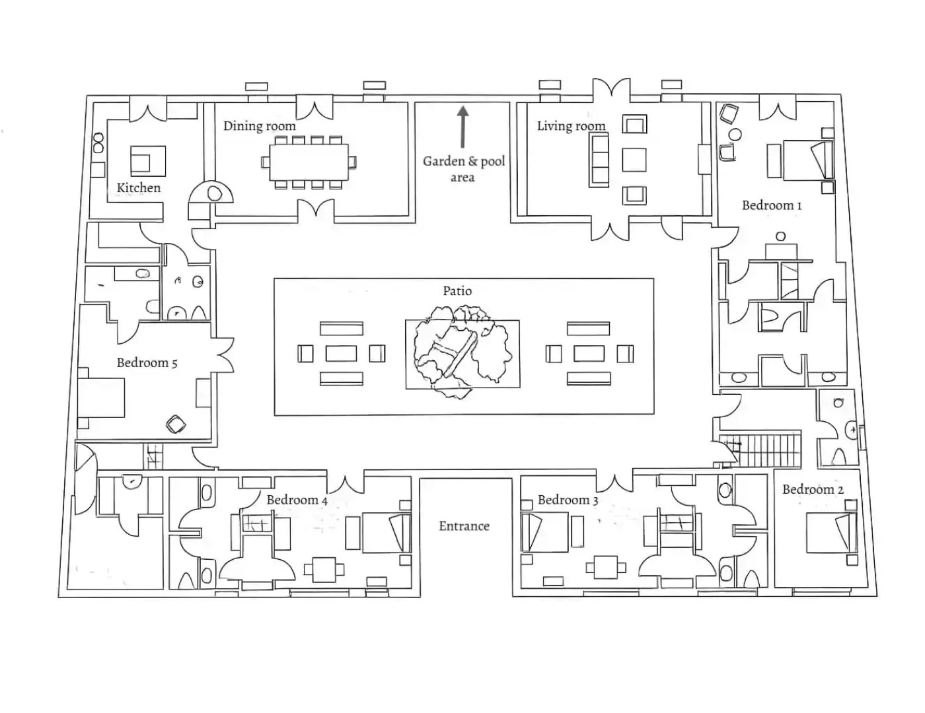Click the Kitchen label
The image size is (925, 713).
[139, 187]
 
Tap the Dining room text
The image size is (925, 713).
[259, 125]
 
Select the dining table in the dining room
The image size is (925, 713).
[309, 162]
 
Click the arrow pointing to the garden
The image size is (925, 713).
[462, 127]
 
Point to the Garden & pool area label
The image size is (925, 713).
[464, 169]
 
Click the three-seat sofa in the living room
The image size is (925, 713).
[600, 159]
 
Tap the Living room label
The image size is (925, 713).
[571, 125]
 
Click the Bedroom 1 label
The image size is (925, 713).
[772, 205]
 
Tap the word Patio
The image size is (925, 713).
[457, 290]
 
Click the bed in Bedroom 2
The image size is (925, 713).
[831, 532]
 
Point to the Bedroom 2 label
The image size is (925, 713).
[813, 489]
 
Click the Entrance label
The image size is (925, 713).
[464, 526]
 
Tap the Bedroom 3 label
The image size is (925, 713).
[568, 500]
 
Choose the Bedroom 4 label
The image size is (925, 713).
[297, 500]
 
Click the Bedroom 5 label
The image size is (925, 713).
[147, 362]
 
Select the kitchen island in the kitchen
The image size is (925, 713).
[148, 160]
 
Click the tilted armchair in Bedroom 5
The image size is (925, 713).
[176, 424]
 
